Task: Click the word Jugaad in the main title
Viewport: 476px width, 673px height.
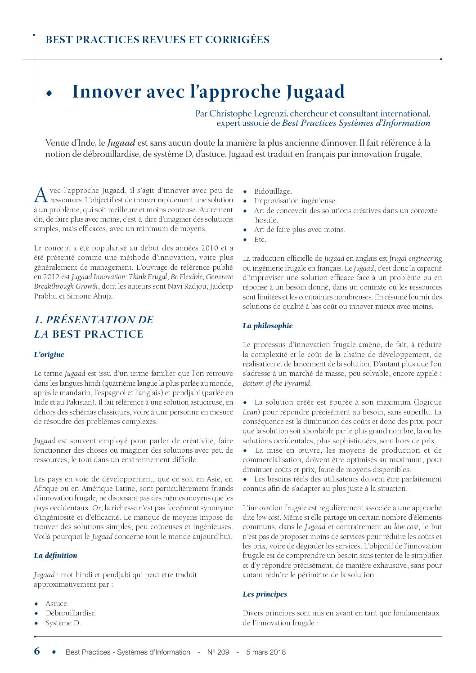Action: click(315, 92)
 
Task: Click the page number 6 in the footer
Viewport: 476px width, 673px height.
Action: click(37, 651)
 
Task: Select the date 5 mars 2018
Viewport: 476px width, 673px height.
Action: click(266, 652)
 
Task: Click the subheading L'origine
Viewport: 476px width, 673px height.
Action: click(49, 354)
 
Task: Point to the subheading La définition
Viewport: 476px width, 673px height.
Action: click(55, 555)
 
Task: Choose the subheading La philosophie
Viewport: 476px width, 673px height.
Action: click(268, 325)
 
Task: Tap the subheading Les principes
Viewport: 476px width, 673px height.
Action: click(265, 594)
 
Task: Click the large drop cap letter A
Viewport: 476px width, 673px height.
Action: click(40, 195)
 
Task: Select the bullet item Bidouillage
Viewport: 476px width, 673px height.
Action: click(273, 191)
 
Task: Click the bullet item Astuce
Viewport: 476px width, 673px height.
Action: click(57, 603)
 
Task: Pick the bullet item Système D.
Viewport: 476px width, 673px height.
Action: click(63, 623)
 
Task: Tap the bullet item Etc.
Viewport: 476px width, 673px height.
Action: click(260, 239)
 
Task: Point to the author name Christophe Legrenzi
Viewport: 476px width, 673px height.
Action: click(248, 114)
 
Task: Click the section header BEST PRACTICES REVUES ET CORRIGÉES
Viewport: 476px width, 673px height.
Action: click(157, 40)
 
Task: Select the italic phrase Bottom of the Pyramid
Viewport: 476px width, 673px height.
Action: click(276, 383)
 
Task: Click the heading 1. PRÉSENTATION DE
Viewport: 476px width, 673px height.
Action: click(94, 320)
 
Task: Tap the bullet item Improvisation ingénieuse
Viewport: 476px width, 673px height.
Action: click(295, 201)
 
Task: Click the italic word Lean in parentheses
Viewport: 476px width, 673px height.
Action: click(250, 412)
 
